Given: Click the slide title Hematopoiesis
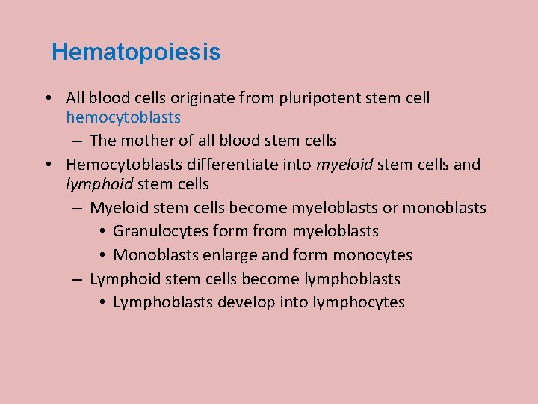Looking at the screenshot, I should [x=136, y=52].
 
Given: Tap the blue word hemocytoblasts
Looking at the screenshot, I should [x=123, y=117].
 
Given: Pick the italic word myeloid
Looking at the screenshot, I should [x=344, y=164].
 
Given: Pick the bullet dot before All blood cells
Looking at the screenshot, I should [x=47, y=98].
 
